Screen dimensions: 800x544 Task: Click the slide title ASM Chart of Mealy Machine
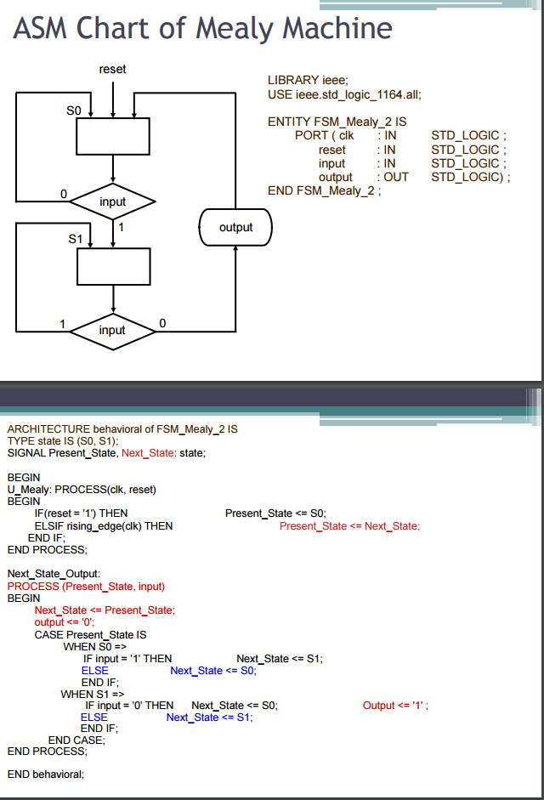coord(202,28)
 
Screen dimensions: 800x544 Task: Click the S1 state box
coord(113,267)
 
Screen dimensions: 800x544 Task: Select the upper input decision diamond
coord(112,201)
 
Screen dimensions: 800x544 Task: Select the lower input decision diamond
coord(112,330)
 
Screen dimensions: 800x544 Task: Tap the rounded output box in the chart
coord(235,227)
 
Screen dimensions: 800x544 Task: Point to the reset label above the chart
coord(112,69)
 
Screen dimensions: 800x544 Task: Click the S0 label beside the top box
coord(74,111)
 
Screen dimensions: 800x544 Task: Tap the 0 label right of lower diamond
coord(162,323)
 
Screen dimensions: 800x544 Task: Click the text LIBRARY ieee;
coord(308,80)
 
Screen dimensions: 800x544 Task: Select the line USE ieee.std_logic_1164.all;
coord(344,94)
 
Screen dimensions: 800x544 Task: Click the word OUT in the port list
coord(395,177)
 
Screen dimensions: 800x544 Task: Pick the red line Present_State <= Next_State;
coord(349,526)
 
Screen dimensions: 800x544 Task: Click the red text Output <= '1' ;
coord(395,706)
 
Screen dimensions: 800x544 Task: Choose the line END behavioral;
coord(46,774)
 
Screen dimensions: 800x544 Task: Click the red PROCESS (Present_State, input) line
coord(86,586)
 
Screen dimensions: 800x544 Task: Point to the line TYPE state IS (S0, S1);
coord(63,441)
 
